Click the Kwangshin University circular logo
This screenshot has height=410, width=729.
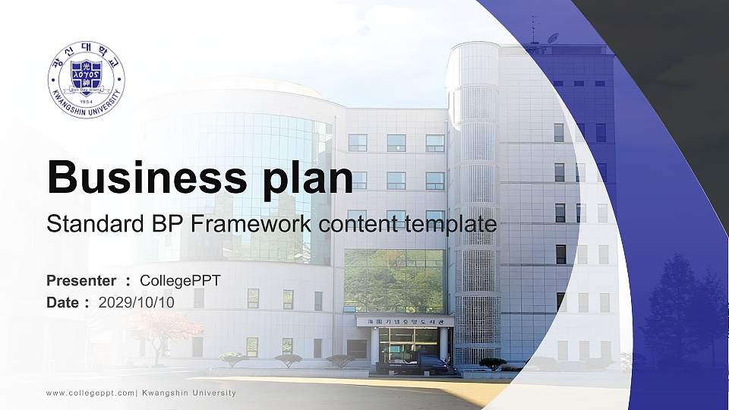(x=86, y=80)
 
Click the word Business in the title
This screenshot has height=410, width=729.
(x=145, y=177)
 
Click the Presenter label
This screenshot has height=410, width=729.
(x=81, y=281)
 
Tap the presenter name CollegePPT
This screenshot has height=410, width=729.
(x=180, y=281)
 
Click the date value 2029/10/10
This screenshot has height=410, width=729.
(x=136, y=302)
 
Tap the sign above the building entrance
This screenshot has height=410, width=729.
(x=405, y=321)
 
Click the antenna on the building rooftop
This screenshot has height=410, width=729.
(x=532, y=29)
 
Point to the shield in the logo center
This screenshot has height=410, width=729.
(x=86, y=76)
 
